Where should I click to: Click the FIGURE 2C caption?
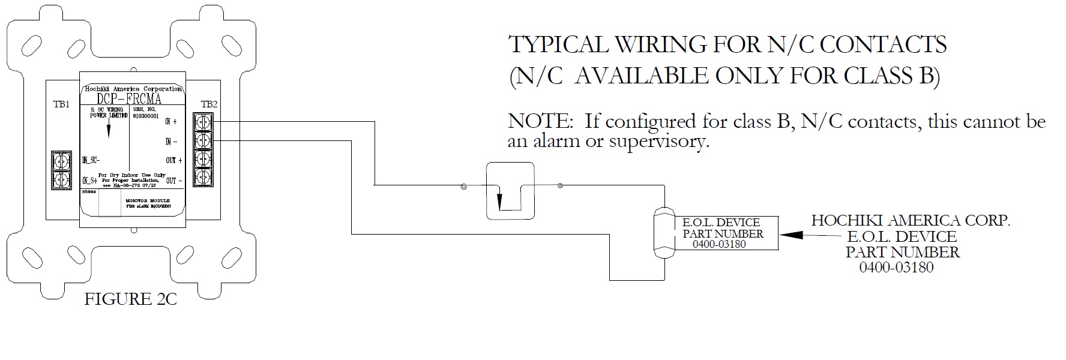tap(130, 299)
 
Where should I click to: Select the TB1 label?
tap(61, 104)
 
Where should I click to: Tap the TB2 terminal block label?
tap(209, 104)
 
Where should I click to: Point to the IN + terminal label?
tap(171, 122)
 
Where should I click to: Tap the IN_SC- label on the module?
tap(91, 160)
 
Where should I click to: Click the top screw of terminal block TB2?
tap(203, 122)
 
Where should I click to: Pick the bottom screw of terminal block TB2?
tap(203, 176)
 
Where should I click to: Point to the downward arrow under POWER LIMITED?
tap(108, 130)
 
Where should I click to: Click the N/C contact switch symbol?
tap(510, 191)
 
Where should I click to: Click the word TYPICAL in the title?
tap(555, 45)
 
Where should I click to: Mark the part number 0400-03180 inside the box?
tap(719, 244)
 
